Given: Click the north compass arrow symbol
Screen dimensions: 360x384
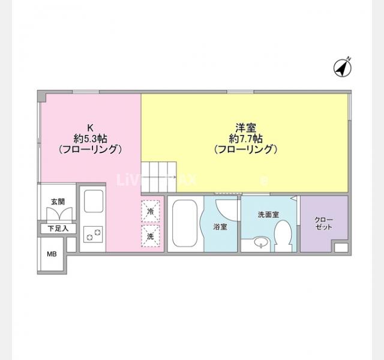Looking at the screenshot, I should (343, 68).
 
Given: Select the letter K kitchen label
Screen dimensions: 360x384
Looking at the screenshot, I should (91, 127).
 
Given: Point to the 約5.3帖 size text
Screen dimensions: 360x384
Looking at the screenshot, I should (91, 138).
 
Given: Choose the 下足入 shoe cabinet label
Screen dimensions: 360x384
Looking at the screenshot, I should (58, 229).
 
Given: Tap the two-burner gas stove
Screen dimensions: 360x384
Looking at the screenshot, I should (92, 235).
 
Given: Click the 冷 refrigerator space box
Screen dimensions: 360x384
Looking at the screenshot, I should (151, 211).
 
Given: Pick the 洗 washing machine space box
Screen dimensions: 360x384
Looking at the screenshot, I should (151, 236).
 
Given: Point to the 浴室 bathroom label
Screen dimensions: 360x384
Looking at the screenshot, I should (220, 227).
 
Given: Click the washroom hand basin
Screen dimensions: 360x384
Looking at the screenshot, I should (259, 243).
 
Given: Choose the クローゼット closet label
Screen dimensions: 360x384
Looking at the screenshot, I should (323, 224).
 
